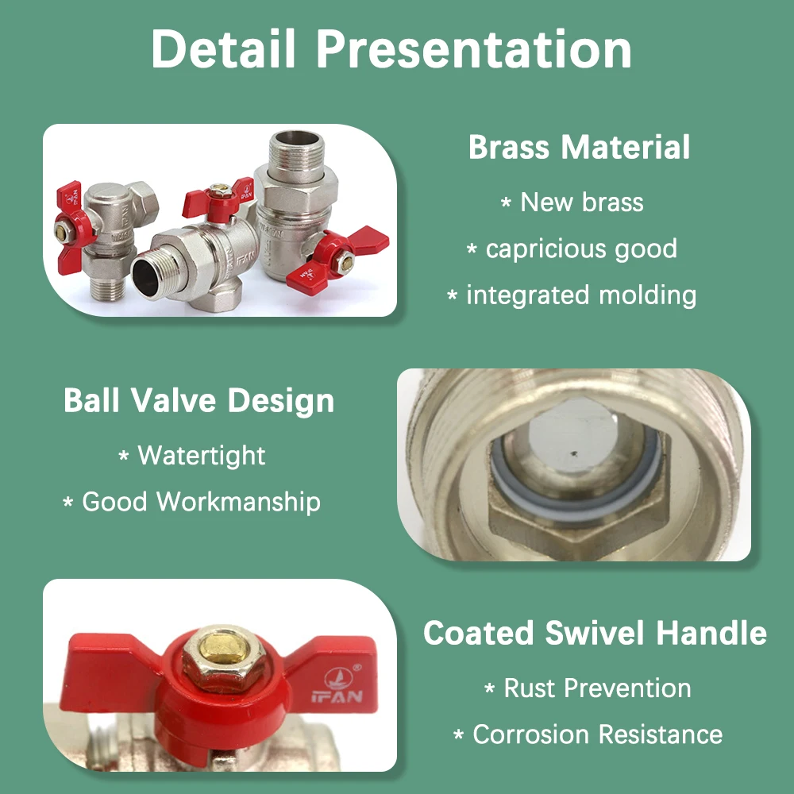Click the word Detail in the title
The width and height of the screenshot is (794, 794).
pos(223,48)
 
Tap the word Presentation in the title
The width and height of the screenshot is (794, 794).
pos(475,48)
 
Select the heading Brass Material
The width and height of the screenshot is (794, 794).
pos(580,147)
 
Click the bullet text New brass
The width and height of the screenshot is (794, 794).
pos(582,202)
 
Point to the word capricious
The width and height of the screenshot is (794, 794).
pos(546,249)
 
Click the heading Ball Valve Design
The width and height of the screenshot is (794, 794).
pos(199,400)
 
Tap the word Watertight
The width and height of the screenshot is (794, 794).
pos(202,455)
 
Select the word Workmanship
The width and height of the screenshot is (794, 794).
pos(238,502)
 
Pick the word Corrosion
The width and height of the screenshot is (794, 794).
pos(531,734)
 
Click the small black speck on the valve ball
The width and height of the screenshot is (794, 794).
pos(574,453)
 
